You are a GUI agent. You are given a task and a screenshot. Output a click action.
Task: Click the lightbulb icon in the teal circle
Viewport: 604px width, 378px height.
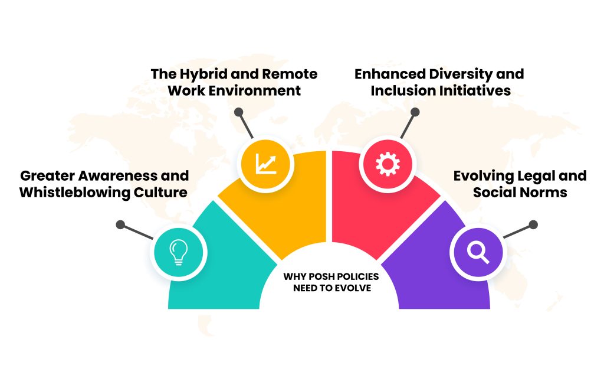pyautogui.click(x=179, y=253)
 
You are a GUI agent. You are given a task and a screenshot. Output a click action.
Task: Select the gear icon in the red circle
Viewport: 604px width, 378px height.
pyautogui.click(x=388, y=163)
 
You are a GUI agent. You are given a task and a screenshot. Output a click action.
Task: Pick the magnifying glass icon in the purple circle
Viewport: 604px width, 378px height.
pyautogui.click(x=477, y=253)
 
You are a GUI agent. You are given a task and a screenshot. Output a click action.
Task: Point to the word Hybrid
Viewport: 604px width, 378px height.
pyautogui.click(x=202, y=74)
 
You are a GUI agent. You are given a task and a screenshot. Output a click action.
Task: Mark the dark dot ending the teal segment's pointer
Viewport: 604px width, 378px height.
pyautogui.click(x=120, y=224)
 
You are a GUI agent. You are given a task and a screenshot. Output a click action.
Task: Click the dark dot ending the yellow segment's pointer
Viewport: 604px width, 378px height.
pyautogui.click(x=238, y=112)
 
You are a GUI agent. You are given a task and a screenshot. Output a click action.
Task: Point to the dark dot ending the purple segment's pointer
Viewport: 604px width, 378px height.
pyautogui.click(x=533, y=224)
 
